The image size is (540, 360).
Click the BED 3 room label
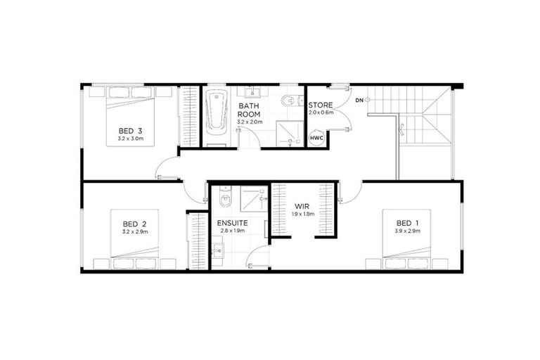pyautogui.click(x=131, y=130)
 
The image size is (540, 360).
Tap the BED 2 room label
pyautogui.click(x=134, y=223)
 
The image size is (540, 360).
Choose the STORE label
pyautogui.click(x=321, y=105)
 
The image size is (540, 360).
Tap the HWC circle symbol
pyautogui.click(x=317, y=139)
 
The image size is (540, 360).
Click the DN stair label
pyautogui.click(x=359, y=101)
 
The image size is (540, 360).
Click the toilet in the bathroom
pyautogui.click(x=289, y=101)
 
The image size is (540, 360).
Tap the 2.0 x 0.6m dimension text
pyautogui.click(x=321, y=113)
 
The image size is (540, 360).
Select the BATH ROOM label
pyautogui.click(x=249, y=110)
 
